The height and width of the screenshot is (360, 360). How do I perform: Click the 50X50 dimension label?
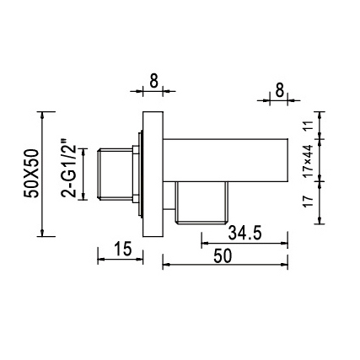pos(31,174)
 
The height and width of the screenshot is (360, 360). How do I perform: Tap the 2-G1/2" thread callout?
pos(68,167)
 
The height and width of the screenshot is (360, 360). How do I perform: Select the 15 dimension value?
pos(123,249)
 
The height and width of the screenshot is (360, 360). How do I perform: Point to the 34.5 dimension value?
pos(244,233)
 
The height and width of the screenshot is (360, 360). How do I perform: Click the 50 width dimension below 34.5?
pos(223,256)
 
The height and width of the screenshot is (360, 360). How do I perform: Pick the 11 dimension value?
pos(308,126)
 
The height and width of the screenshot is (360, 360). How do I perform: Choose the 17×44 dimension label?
pos(308,160)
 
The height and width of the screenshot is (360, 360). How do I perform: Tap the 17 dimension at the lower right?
pos(308,201)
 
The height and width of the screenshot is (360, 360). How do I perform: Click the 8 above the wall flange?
pos(153,82)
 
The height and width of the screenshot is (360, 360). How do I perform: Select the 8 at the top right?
pos(279,91)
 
